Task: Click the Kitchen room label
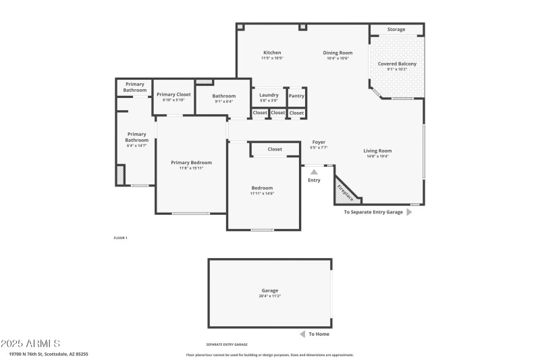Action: tap(272, 53)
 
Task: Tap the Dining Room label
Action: tap(337, 53)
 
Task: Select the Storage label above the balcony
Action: tap(396, 30)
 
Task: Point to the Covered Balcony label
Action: tap(397, 63)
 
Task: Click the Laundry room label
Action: tap(269, 95)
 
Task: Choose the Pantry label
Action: tap(296, 95)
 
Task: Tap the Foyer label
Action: tap(319, 143)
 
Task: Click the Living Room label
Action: tap(377, 151)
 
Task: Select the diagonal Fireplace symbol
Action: tap(346, 192)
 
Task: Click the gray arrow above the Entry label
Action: tap(314, 172)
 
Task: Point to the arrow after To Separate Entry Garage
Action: tap(409, 212)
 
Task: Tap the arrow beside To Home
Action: tap(302, 334)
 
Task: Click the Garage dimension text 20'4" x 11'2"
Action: tap(269, 296)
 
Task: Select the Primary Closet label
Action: tap(173, 95)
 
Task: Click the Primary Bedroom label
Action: tap(191, 162)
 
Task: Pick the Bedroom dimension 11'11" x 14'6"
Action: tap(262, 194)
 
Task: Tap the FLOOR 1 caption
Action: tap(120, 238)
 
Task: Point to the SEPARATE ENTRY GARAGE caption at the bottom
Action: tap(227, 344)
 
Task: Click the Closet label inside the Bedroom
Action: tap(275, 149)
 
